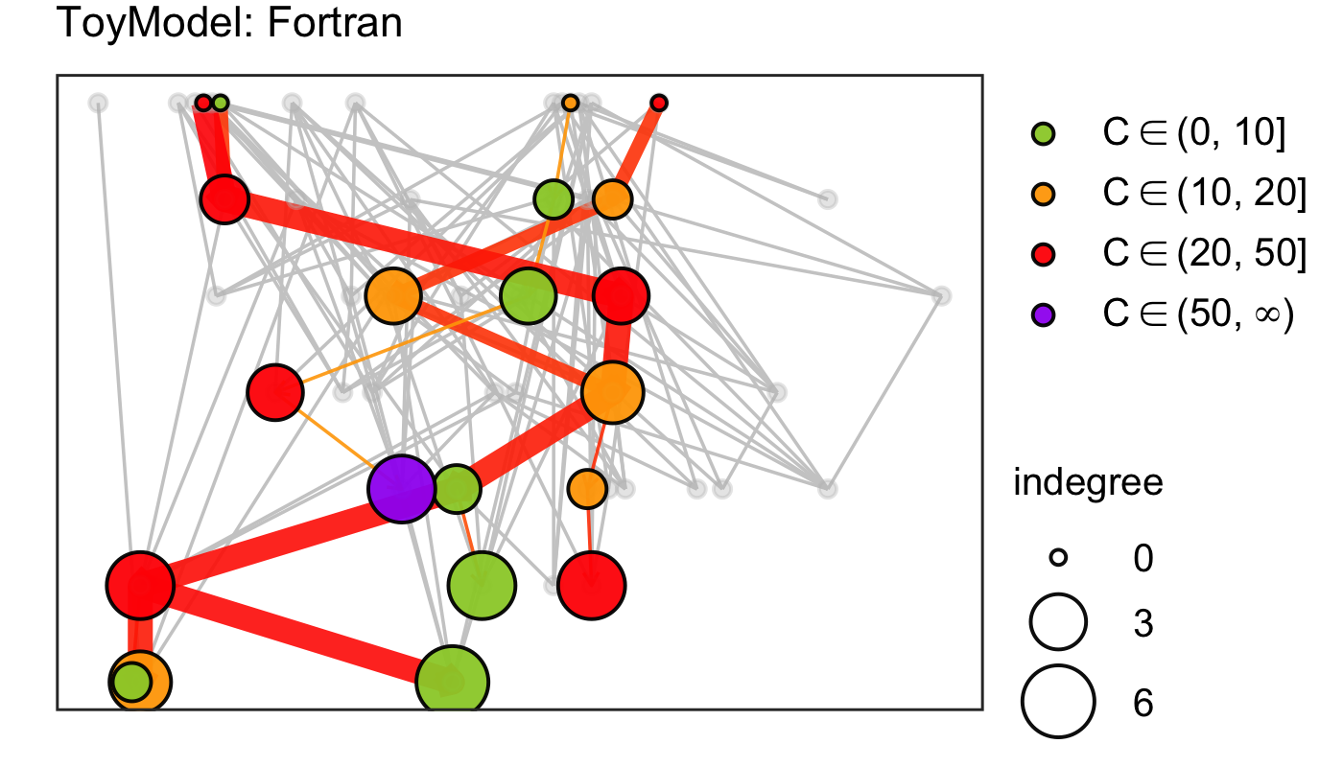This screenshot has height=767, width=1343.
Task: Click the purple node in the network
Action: [x=402, y=489]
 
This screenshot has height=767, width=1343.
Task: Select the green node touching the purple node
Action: [x=458, y=489]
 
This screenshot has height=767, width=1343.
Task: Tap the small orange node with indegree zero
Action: [x=570, y=103]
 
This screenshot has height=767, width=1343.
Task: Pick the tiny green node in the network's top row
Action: [x=221, y=103]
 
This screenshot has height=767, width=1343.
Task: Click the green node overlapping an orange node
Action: [x=130, y=682]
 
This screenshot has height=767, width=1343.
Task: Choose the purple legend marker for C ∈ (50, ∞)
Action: [x=1043, y=314]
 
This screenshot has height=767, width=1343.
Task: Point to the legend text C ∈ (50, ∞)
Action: [x=1199, y=314]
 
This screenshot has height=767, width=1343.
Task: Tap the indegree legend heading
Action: [x=1088, y=483]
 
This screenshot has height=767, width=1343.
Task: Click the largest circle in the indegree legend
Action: [x=1057, y=703]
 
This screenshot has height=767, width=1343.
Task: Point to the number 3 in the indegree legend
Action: [x=1143, y=624]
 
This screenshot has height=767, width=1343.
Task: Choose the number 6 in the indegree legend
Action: [x=1143, y=704]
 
